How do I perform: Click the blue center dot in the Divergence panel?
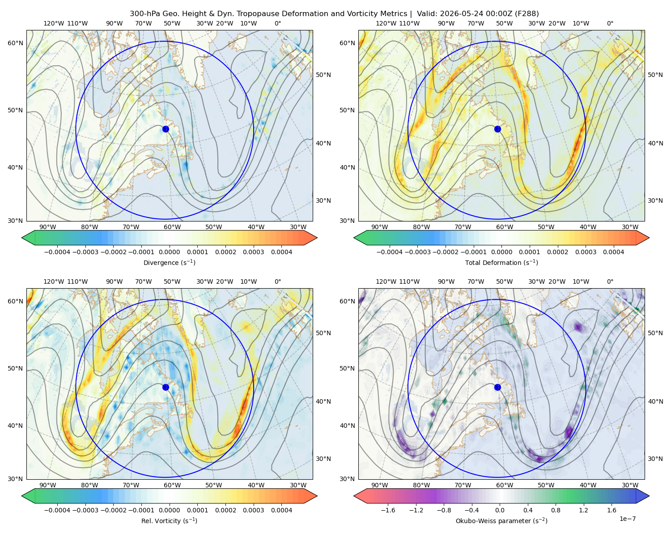(166, 129)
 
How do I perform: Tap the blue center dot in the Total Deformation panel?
(497, 129)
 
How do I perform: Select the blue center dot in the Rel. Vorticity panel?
(166, 387)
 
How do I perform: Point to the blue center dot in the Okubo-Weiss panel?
(497, 387)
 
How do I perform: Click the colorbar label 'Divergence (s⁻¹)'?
(169, 262)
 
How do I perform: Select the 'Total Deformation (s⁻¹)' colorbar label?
(501, 262)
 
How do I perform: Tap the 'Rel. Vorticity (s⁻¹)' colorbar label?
(169, 520)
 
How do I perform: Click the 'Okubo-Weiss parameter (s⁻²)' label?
(501, 520)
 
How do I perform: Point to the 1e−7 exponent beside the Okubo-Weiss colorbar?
(627, 519)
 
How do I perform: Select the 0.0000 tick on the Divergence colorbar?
(169, 252)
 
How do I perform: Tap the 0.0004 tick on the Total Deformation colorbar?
(613, 252)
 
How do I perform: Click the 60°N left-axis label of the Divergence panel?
(15, 43)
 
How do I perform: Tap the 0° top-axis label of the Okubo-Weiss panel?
(610, 281)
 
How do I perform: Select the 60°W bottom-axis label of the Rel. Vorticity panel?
(172, 485)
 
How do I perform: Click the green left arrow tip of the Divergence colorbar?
(22, 238)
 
